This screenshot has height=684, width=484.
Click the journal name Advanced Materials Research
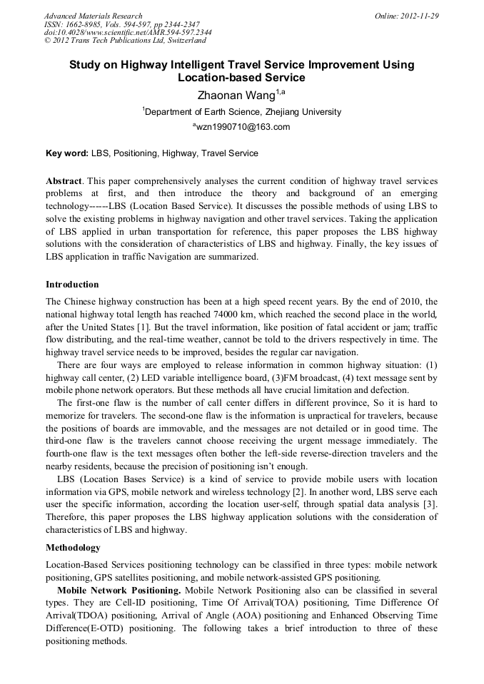(93, 16)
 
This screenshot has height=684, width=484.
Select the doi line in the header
(128, 33)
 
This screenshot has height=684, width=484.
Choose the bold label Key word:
(66, 153)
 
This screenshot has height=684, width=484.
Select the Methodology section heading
(73, 548)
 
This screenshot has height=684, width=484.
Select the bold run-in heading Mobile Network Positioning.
(118, 591)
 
